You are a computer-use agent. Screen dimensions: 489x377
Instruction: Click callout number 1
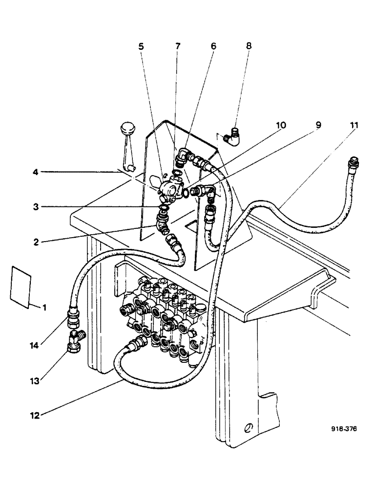tap(44, 309)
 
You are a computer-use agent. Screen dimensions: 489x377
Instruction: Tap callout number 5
tap(141, 47)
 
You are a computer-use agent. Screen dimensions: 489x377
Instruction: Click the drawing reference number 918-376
tap(344, 429)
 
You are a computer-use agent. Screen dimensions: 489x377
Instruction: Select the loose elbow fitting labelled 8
tap(231, 136)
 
